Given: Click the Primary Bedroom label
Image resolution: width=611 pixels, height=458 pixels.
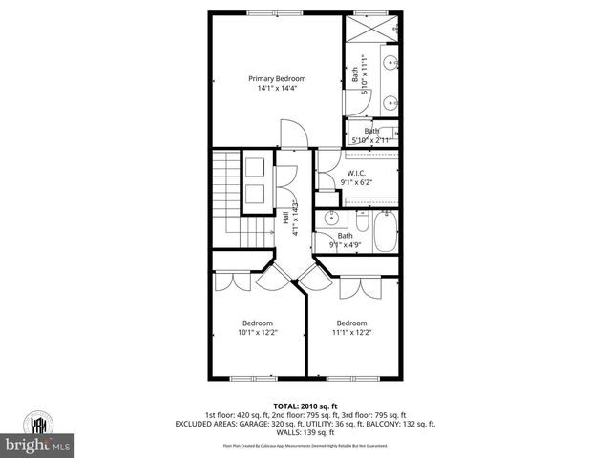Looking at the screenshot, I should (x=276, y=78).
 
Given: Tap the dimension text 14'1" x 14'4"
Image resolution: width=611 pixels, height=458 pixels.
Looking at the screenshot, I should (x=276, y=89).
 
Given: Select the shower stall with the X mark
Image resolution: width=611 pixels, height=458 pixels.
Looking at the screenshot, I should (x=370, y=29).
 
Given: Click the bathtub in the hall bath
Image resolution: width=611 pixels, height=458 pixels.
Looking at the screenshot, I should (x=387, y=231).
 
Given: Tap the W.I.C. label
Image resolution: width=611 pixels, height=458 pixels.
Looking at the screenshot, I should (x=356, y=173).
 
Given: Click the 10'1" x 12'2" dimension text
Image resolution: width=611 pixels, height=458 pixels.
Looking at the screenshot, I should (x=257, y=332).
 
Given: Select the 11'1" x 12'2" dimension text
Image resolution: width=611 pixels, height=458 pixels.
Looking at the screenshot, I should (x=351, y=332).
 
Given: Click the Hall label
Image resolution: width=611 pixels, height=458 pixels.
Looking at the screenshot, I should (x=285, y=219).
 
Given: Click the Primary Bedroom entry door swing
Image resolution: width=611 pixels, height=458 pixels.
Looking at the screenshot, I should (x=291, y=135).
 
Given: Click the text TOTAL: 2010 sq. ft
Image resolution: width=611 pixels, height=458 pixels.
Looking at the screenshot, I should (x=305, y=405).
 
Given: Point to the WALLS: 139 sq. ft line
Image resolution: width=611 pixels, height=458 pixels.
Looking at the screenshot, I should (x=305, y=433).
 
